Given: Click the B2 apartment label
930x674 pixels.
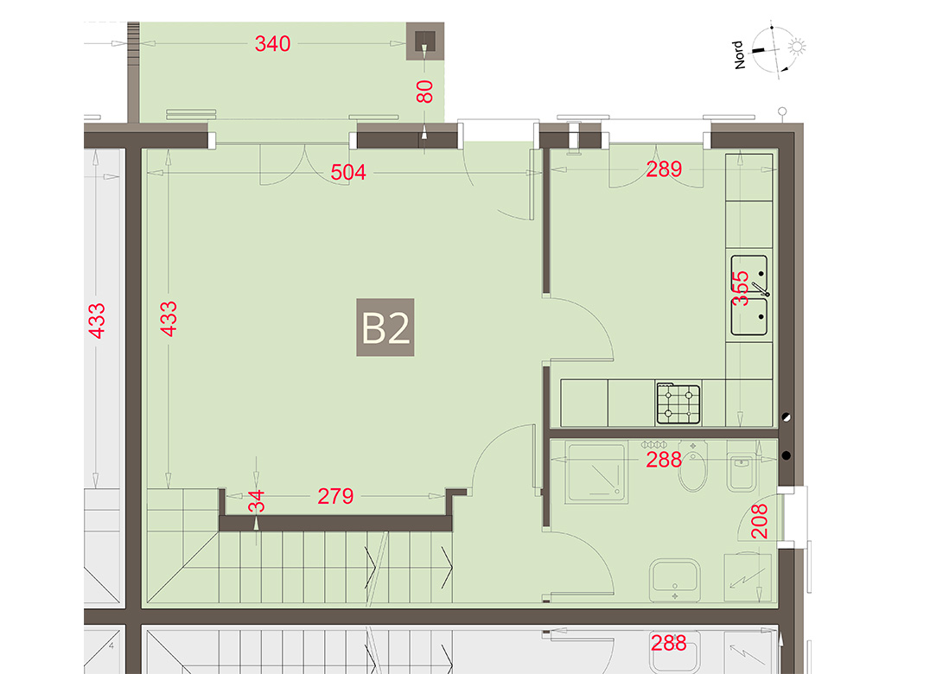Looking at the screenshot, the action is tap(385, 327).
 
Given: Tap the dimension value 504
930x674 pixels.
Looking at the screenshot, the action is tap(348, 173).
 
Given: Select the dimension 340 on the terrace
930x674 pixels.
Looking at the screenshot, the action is tap(272, 43).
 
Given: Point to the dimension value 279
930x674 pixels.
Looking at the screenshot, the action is tap(335, 496).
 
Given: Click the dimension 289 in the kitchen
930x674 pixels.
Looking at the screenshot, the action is tap(664, 169).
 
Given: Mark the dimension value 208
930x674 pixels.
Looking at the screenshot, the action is tap(759, 521).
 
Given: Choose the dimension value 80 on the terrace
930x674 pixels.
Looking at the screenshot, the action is tap(424, 92).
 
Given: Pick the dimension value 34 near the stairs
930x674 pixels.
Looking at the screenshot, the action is tap(256, 501).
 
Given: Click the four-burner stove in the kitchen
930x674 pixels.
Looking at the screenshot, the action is tap(678, 404).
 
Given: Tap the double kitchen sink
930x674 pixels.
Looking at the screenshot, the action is tap(748, 296).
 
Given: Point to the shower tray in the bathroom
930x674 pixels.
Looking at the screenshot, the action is tap(596, 473).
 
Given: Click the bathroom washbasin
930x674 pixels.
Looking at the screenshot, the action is tap(675, 579).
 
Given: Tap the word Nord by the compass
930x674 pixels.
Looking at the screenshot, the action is tap(739, 55).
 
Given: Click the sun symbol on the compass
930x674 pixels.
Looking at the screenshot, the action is tap(797, 47).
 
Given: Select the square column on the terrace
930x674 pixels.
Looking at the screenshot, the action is tap(424, 41).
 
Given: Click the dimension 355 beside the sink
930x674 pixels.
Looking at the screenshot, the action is tap(740, 289).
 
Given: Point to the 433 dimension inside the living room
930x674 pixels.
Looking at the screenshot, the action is tap(169, 319).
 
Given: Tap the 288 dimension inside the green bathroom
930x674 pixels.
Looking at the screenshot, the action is tap(664, 460).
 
